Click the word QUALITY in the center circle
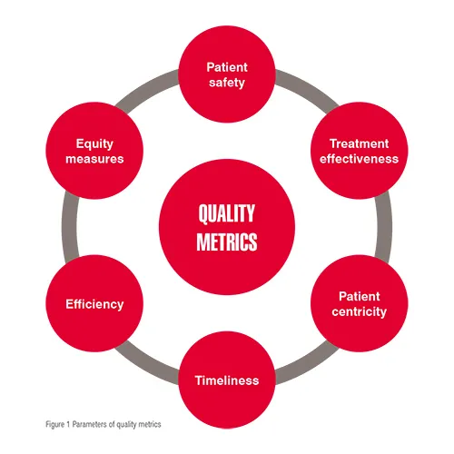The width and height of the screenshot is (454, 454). tap(227, 213)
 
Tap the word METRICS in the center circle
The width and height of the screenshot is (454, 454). tap(227, 242)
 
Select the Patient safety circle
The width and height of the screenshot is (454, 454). tap(227, 74)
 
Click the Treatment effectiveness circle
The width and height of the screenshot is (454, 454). tap(360, 151)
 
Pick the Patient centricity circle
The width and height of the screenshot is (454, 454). tap(360, 303)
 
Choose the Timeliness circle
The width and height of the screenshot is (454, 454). tap(227, 380)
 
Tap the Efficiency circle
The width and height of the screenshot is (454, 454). tap(94, 303)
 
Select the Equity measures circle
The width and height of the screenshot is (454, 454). tap(94, 151)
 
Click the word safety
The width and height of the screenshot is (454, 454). tap(227, 83)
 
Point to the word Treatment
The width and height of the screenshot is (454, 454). tap(360, 143)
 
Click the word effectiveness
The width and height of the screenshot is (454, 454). tap(360, 159)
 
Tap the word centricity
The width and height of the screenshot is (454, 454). tap(360, 311)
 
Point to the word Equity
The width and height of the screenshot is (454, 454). tap(94, 144)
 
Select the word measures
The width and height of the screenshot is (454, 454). tap(94, 159)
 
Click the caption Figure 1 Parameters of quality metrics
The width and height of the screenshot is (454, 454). tap(104, 424)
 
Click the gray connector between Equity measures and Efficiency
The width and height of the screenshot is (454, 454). tap(70, 227)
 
